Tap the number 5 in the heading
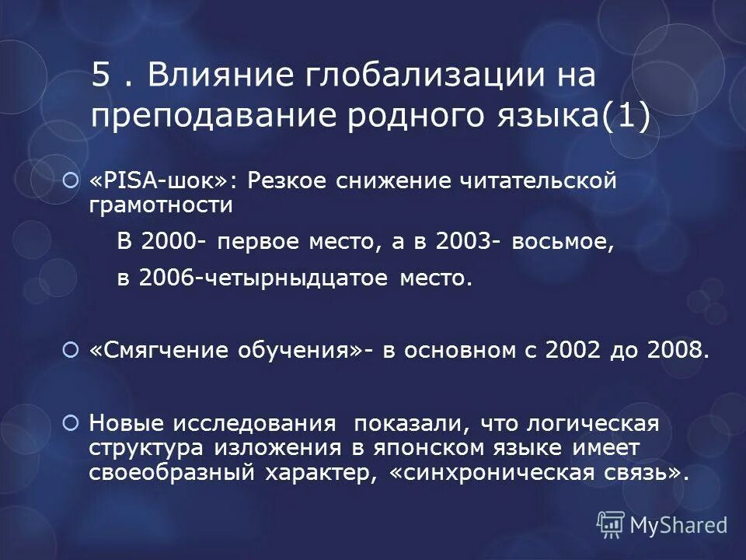[x=99, y=76]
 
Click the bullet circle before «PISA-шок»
[x=71, y=181]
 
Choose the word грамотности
[x=161, y=205]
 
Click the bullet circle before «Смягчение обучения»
[x=71, y=351]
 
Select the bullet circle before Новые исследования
[x=71, y=424]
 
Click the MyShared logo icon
[x=611, y=524]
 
